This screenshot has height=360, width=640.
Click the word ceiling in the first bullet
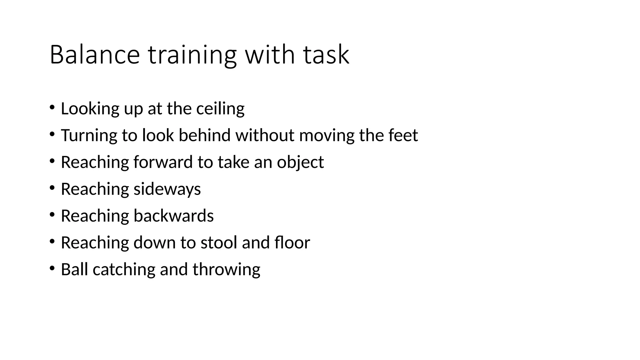point(220,109)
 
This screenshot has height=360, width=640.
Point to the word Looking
point(90,109)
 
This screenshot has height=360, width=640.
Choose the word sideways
point(167,189)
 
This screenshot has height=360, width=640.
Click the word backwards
point(173,216)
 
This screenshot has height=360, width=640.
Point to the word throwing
point(226,270)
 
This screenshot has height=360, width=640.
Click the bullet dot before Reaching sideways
point(52,188)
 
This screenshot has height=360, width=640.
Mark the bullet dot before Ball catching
point(52,268)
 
